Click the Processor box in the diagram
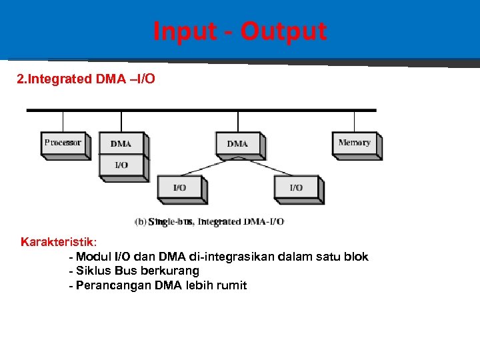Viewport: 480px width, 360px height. (63, 143)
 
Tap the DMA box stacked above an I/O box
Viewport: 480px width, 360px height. (121, 143)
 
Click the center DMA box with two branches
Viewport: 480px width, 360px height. (237, 143)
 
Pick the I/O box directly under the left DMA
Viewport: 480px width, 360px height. (121, 165)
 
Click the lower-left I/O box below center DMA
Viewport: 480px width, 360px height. (179, 188)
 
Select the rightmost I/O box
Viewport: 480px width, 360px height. (296, 188)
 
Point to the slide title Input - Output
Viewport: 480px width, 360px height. (240, 31)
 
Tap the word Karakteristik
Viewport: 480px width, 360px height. (58, 241)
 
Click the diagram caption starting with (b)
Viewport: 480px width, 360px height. (209, 221)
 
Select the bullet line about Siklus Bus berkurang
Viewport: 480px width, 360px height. (134, 271)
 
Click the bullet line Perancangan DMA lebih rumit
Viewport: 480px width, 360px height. (158, 285)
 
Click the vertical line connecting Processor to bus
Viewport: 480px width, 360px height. (63, 121)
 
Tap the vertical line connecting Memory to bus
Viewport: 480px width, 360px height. (354, 121)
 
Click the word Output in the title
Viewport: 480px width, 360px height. (283, 31)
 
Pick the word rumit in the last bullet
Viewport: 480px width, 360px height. (231, 285)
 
